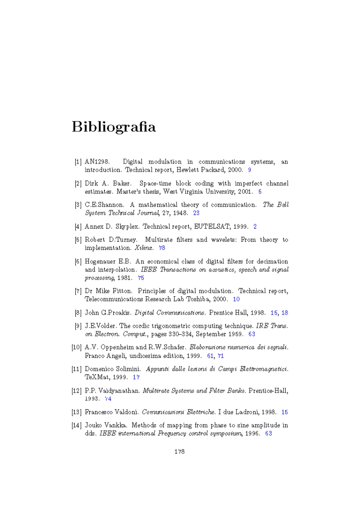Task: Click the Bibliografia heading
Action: [113, 127]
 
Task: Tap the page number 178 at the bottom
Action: [180, 452]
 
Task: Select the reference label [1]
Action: [78, 162]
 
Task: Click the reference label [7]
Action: [78, 291]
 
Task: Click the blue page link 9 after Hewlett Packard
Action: [249, 170]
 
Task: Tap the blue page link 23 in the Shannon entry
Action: [196, 213]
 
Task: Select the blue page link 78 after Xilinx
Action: [162, 248]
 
